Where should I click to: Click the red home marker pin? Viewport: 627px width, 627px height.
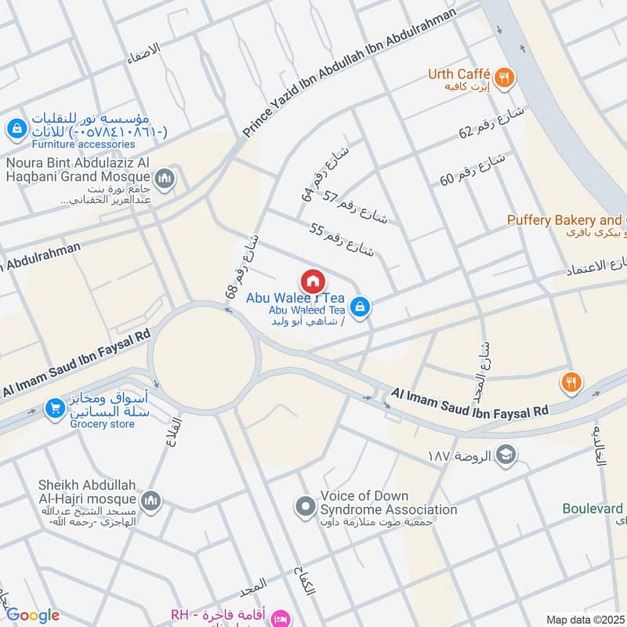tap(312, 281)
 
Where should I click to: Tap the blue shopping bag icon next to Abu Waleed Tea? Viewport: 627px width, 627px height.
tap(360, 306)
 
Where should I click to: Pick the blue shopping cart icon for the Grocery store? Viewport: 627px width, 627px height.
tap(54, 408)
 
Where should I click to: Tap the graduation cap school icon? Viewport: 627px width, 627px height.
tap(506, 455)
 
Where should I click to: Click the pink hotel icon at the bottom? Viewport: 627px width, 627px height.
tap(280, 619)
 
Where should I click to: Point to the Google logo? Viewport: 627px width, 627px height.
tap(32, 615)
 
